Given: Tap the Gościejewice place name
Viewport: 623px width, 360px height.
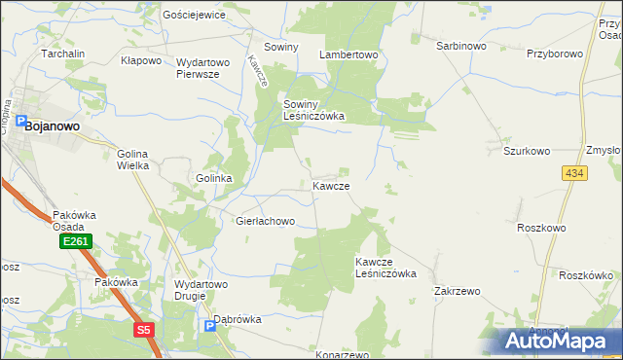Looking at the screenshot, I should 195,16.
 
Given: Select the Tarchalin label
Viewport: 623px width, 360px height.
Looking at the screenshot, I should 63,54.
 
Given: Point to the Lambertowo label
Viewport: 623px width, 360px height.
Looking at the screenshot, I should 348,55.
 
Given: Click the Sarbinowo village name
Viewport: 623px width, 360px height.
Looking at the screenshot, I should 460,46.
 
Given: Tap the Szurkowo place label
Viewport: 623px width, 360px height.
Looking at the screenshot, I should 527,152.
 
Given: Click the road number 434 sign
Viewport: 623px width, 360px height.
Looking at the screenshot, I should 573,172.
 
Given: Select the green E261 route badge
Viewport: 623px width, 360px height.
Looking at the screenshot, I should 74,240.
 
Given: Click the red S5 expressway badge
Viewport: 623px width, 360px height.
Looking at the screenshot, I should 144,330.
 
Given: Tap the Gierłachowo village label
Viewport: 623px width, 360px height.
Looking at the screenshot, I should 265,221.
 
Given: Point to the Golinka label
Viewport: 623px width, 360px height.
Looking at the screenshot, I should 213,179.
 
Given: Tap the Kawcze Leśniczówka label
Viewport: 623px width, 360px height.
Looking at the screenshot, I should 385,268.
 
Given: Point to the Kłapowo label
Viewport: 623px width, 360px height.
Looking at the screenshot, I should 140,61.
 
